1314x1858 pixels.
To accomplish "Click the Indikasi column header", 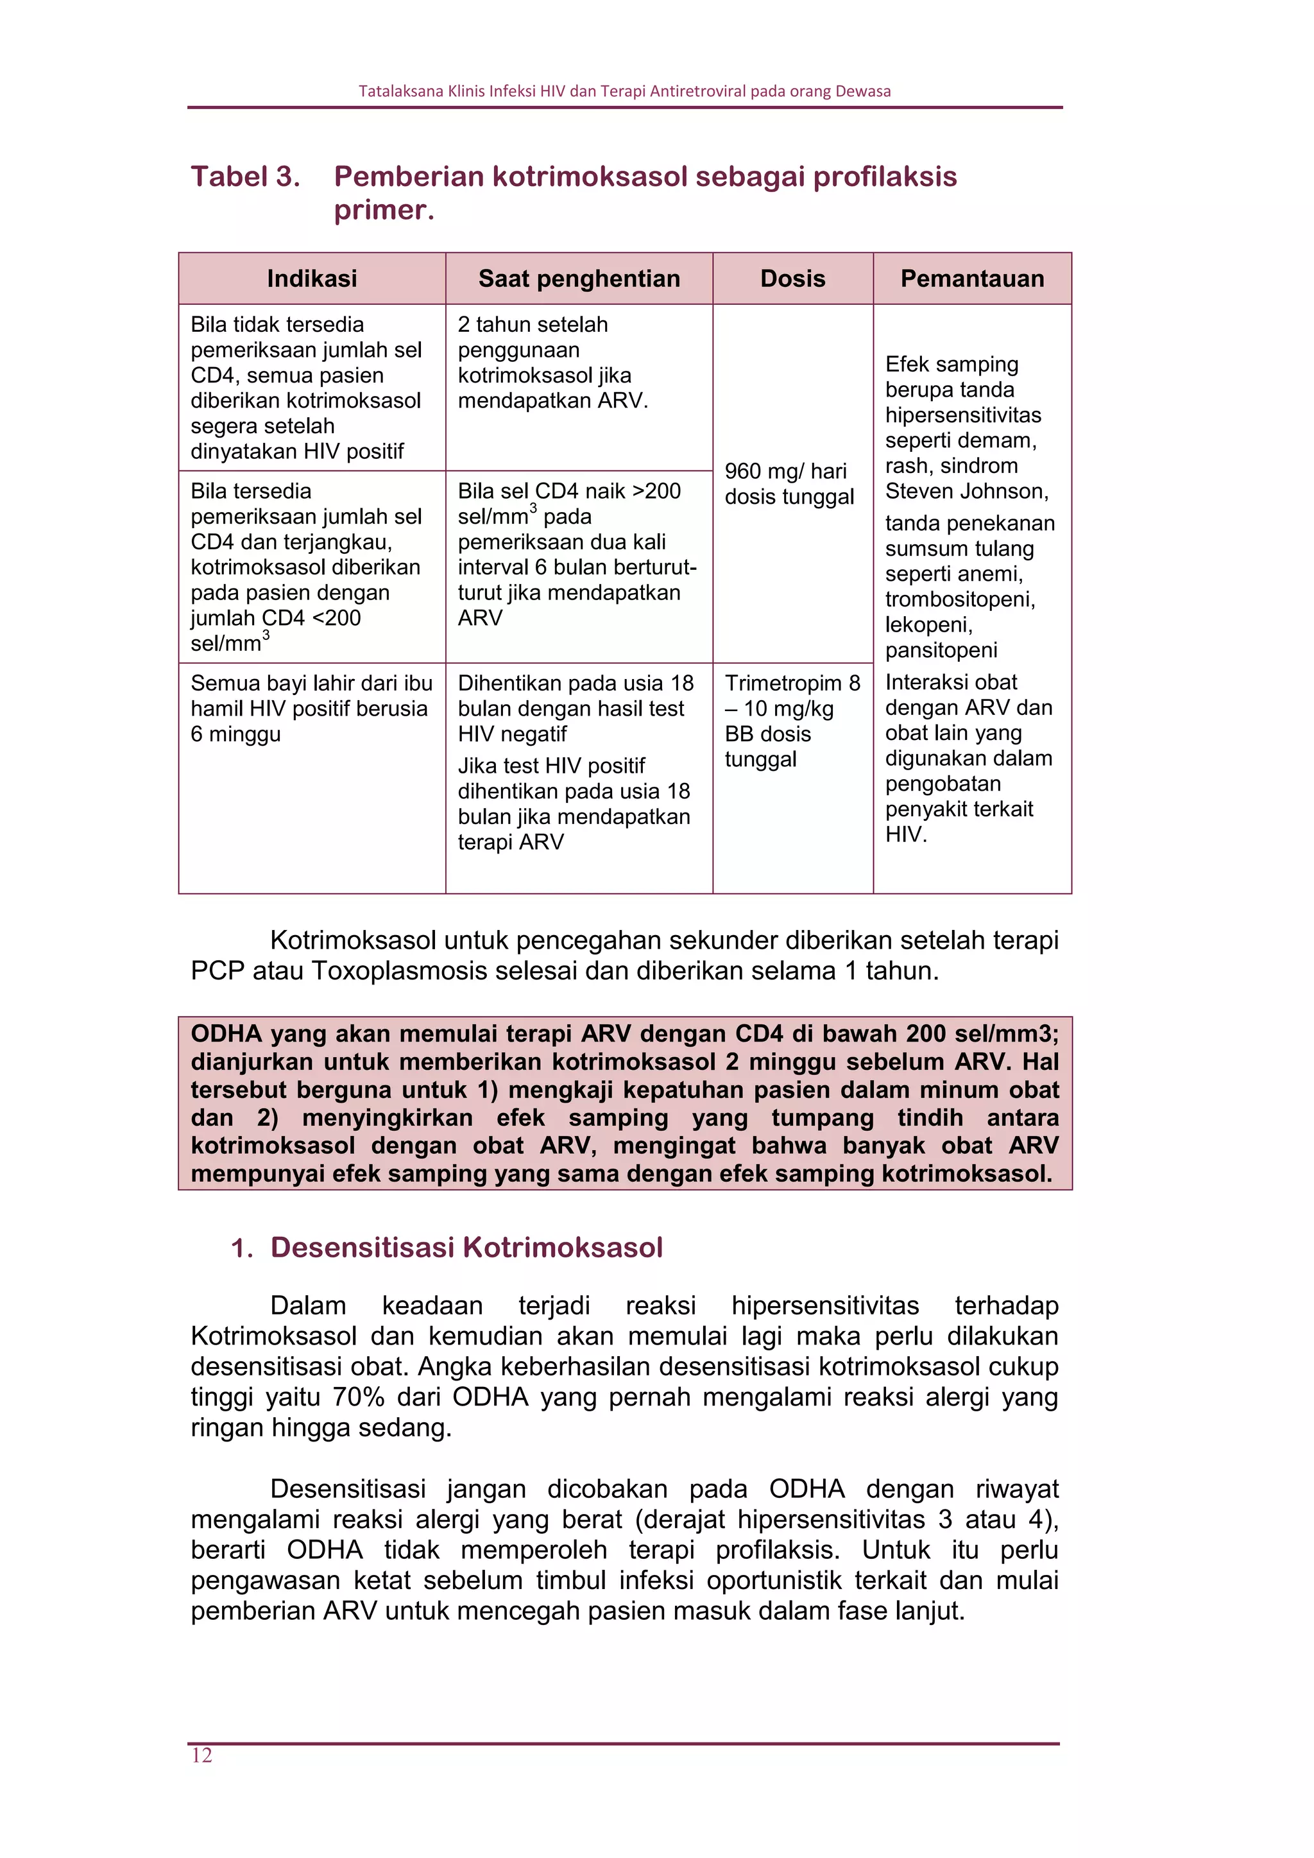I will tap(312, 279).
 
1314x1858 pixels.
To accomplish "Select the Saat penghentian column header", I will tap(579, 279).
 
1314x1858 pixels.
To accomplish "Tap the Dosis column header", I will tap(792, 279).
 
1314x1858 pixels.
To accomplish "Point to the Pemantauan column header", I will tap(972, 279).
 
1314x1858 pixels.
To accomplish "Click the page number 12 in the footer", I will tap(201, 1755).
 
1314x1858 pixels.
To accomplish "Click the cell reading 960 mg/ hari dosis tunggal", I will tap(789, 483).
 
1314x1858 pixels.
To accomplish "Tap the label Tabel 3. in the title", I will tap(245, 176).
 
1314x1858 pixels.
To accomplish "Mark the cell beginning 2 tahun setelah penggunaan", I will tap(552, 363).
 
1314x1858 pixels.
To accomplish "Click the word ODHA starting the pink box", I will tap(226, 1033).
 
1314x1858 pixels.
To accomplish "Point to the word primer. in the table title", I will tap(384, 210).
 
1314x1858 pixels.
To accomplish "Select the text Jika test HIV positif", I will tap(551, 766).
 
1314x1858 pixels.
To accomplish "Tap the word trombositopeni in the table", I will tap(960, 599).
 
